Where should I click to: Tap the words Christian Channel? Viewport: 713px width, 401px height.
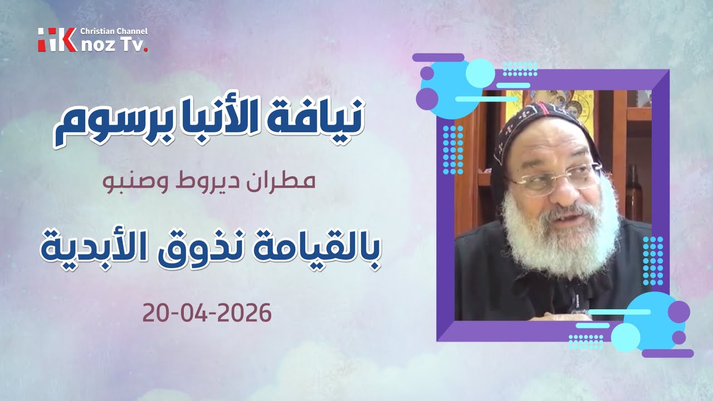pyautogui.click(x=114, y=32)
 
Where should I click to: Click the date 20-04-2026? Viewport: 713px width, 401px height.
pyautogui.click(x=207, y=314)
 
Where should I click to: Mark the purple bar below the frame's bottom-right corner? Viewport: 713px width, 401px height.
pyautogui.click(x=667, y=353)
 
